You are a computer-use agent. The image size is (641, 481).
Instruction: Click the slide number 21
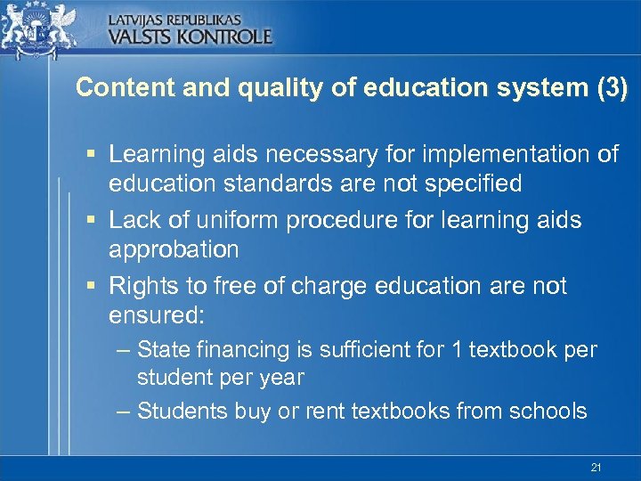pos(596,467)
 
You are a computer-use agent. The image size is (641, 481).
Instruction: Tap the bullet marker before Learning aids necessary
pos(91,155)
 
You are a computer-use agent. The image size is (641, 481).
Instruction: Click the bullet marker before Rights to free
pos(91,287)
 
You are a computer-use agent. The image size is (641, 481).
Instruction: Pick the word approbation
pos(174,249)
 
